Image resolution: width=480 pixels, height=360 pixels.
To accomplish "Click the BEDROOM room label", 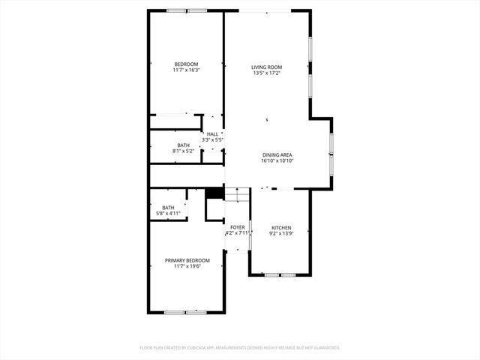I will coord(186,64).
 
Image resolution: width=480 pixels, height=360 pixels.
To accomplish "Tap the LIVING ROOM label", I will coord(266,67).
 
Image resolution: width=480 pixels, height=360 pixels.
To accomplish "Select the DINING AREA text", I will coord(277,154).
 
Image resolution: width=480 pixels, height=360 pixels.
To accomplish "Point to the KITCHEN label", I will coord(281,227).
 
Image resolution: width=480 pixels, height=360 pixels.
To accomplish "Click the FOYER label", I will coord(237,226).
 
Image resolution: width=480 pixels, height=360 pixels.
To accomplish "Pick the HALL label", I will coord(212,133).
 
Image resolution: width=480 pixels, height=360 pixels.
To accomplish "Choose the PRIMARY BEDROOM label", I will coord(187,259).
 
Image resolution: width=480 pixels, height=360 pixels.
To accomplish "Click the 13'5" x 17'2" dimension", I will coord(266,73).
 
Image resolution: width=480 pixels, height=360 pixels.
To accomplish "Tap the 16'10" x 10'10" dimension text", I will coord(277,160).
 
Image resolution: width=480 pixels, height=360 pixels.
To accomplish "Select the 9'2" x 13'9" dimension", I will coord(281,233).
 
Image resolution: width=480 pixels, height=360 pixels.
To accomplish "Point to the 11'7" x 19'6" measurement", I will coord(187,265).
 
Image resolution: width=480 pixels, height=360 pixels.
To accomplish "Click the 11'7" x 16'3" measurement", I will coord(186,70).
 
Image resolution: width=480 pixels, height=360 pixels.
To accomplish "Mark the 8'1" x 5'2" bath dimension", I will coord(184,151).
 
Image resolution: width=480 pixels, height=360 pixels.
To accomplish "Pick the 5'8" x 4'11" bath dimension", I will coord(167,214).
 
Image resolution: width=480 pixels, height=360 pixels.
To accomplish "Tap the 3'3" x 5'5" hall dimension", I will coord(213,139).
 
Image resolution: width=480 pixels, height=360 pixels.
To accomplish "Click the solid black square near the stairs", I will coord(214,193).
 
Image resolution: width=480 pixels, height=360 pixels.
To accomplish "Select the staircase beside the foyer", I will coord(237,194).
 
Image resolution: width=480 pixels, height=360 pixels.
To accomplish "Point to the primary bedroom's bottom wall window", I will coord(185,311).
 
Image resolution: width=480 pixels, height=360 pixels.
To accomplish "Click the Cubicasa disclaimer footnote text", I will coord(240,347).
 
